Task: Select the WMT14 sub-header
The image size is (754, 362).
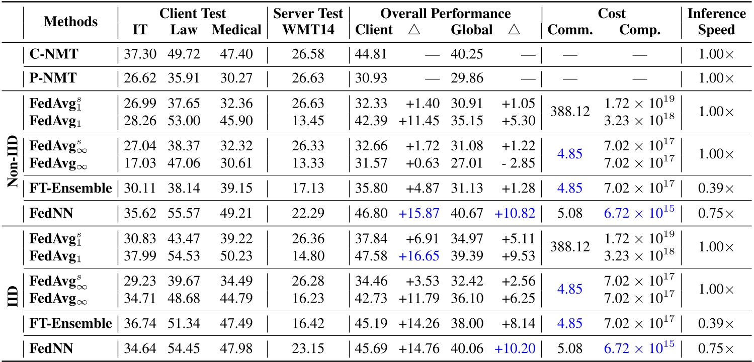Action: (307, 30)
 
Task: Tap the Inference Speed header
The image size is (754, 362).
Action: (717, 22)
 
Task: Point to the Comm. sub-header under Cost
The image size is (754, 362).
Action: (570, 30)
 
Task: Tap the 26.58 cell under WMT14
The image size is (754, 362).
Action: (307, 54)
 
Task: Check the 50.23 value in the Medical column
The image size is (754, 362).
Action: (236, 257)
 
